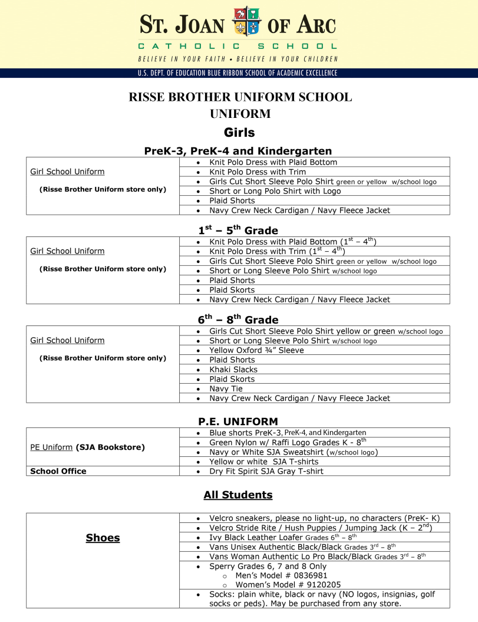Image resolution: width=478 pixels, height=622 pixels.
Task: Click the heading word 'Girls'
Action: click(239, 133)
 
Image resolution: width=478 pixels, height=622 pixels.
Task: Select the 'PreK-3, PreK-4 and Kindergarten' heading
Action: click(238, 151)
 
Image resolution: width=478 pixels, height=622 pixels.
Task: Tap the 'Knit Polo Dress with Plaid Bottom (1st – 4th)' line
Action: click(292, 242)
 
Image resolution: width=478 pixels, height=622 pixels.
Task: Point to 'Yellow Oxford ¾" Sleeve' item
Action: click(256, 350)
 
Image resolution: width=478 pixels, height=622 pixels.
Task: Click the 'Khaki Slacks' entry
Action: click(233, 370)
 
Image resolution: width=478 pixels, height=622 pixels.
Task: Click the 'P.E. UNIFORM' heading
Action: click(238, 422)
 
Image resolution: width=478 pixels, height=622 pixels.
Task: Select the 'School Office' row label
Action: click(58, 471)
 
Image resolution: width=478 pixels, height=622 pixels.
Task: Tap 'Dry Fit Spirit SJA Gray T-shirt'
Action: click(266, 471)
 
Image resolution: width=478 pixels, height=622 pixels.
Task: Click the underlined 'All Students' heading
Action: click(238, 495)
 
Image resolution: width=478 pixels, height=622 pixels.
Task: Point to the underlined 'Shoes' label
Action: click(103, 538)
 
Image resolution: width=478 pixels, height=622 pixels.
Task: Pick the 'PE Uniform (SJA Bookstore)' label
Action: click(87, 447)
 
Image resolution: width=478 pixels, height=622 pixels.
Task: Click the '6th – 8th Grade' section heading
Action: click(238, 320)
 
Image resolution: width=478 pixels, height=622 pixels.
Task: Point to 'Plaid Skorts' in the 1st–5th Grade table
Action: click(232, 290)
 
